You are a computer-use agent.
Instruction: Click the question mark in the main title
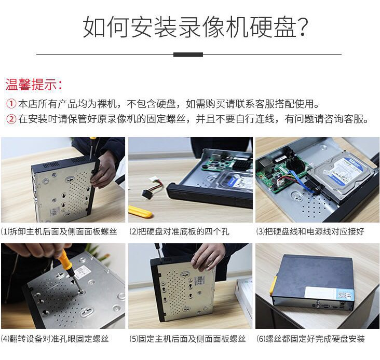pos(303,26)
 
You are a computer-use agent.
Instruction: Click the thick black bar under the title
pos(188,54)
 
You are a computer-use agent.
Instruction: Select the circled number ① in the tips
pos(11,104)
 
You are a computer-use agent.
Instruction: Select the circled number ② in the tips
pos(11,119)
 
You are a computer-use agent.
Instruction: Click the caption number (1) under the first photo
pos(5,232)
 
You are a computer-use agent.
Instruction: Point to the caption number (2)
pos(134,232)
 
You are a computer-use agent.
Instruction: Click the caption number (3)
pos(261,232)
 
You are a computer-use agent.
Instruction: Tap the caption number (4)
pos(5,339)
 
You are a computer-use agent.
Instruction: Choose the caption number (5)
pos(134,339)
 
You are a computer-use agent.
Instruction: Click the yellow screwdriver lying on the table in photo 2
pos(140,212)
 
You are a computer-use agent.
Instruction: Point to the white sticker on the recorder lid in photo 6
pos(330,293)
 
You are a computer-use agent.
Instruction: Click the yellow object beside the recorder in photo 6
pos(274,286)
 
